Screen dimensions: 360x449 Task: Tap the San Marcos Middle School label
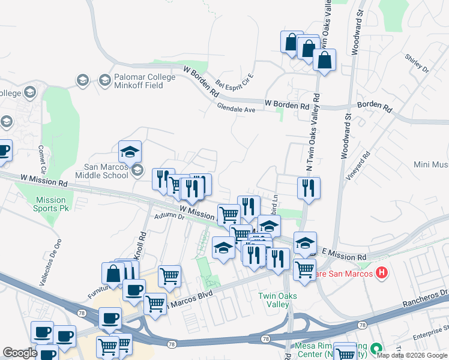click(105, 172)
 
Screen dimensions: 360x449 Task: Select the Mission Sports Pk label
click(50, 204)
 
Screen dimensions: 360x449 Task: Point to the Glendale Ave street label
click(237, 109)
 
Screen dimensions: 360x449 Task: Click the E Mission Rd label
click(343, 254)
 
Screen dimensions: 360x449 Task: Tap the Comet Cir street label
click(42, 159)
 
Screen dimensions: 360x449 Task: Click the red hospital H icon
click(381, 274)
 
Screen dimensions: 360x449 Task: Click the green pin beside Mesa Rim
click(376, 348)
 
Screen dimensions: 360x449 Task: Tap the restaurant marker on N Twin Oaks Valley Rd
click(309, 187)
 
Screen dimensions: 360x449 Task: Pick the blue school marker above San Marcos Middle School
click(130, 151)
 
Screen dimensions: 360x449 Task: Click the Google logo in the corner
click(20, 353)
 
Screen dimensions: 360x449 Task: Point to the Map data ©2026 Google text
click(411, 355)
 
